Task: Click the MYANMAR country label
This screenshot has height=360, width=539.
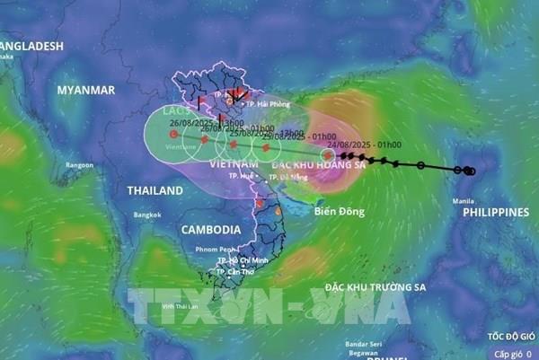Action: point(86,91)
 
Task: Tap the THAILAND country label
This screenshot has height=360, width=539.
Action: point(148,190)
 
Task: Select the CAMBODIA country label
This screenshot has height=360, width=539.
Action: point(211,230)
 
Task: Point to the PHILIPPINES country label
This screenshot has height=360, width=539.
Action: point(495,213)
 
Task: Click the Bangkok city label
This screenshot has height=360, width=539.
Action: point(147,215)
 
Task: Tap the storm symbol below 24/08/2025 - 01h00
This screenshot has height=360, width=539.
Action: point(328,154)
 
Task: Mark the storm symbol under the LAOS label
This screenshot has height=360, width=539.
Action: point(172,135)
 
